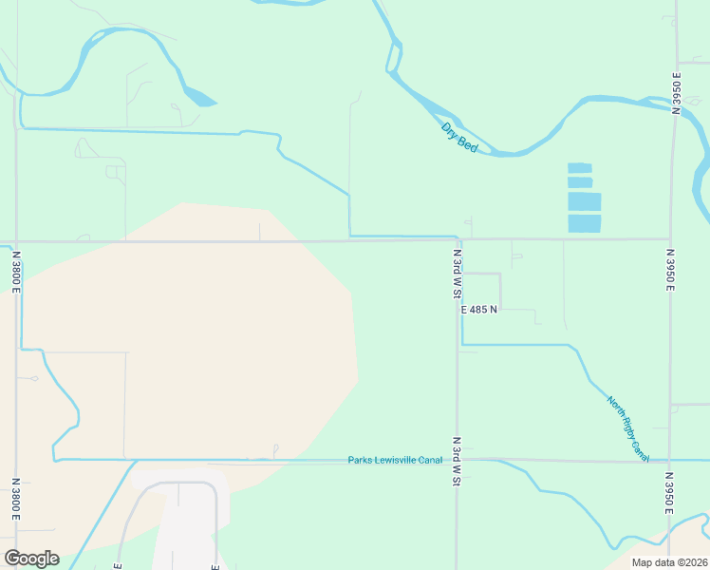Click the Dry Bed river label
[x=459, y=136]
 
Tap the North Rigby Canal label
[x=628, y=428]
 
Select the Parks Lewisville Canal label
[x=395, y=460]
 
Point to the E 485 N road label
[x=479, y=310]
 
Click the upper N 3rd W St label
[x=458, y=275]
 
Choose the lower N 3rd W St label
[x=457, y=463]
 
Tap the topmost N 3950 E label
[x=677, y=93]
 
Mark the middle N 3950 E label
[x=670, y=272]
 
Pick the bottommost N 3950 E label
[x=669, y=494]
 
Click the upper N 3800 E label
[x=16, y=271]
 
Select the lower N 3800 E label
[x=16, y=499]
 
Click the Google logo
[x=31, y=559]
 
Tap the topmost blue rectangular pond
[x=579, y=167]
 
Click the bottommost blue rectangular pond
[x=584, y=223]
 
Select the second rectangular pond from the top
[x=580, y=182]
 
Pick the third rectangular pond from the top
[x=584, y=201]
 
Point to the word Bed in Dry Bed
[x=467, y=143]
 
